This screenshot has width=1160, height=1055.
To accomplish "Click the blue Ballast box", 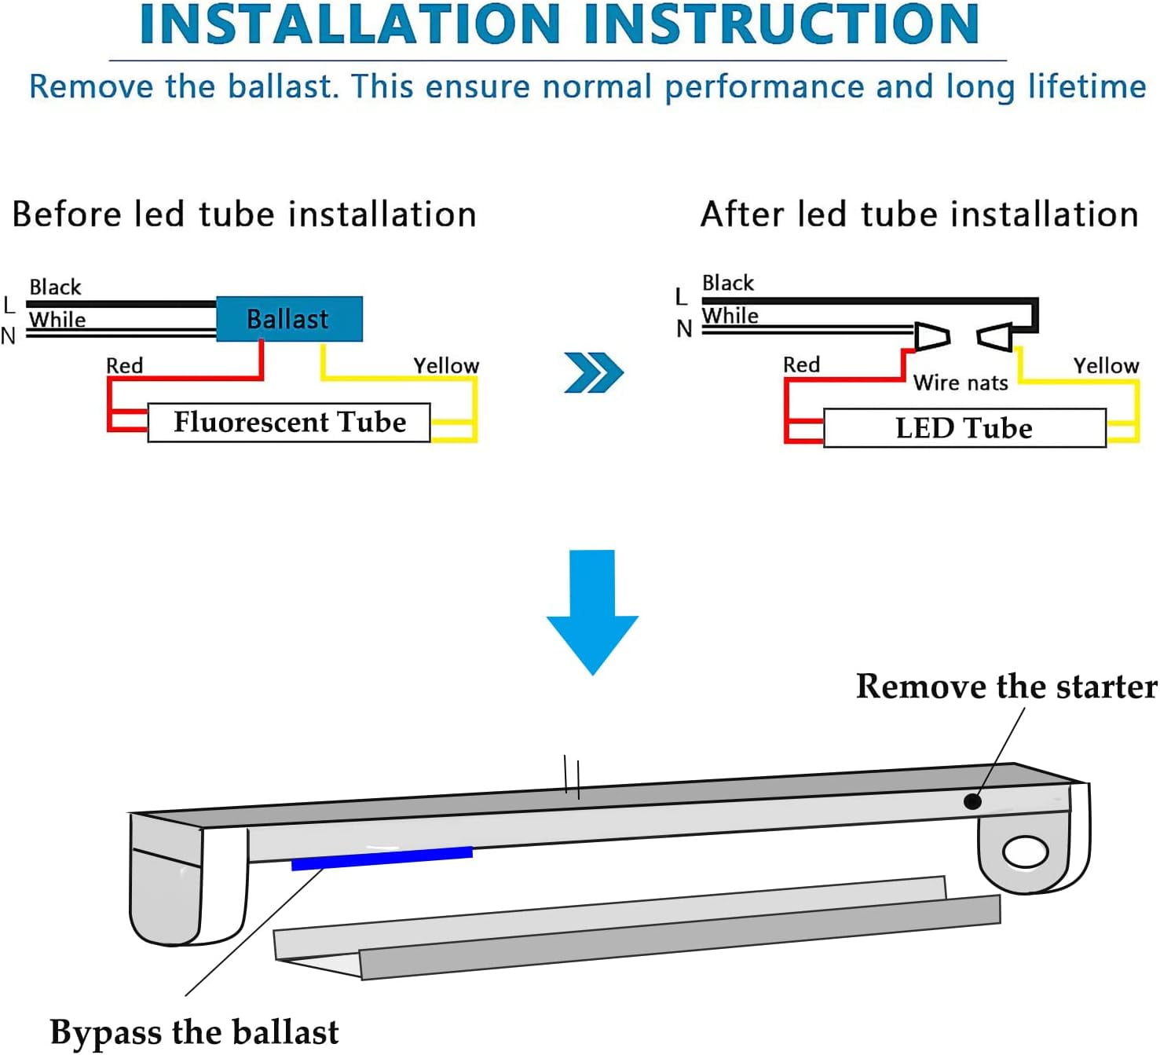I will (x=289, y=319).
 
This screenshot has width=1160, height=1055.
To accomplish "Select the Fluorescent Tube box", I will (x=289, y=423).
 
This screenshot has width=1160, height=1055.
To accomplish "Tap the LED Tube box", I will (x=964, y=428).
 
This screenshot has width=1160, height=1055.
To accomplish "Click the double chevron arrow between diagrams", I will (x=594, y=372).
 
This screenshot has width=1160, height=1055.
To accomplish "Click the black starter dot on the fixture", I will (x=972, y=801).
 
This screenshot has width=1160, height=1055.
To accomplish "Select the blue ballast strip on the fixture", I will (x=382, y=858).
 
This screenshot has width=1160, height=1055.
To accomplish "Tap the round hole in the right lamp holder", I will (x=1026, y=852).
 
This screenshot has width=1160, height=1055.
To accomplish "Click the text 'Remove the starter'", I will (x=1006, y=687).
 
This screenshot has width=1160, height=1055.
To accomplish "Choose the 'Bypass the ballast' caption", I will (x=195, y=1031).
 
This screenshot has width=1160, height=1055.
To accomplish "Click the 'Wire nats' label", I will (x=961, y=383).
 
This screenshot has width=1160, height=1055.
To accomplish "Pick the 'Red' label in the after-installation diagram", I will (x=801, y=364).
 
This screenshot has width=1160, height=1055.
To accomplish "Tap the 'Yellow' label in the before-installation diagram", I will (x=446, y=365).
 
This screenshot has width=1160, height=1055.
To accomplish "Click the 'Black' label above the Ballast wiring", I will (x=55, y=287).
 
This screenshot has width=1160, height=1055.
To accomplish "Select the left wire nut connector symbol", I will (x=932, y=336).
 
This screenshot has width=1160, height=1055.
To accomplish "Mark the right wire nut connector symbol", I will (x=994, y=337).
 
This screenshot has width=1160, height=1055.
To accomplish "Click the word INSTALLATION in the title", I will (x=349, y=24).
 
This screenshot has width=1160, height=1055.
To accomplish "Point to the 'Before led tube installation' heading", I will (x=244, y=214).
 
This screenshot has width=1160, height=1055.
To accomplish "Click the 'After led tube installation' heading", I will (x=919, y=214).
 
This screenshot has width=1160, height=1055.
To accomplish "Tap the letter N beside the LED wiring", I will (x=684, y=329).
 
